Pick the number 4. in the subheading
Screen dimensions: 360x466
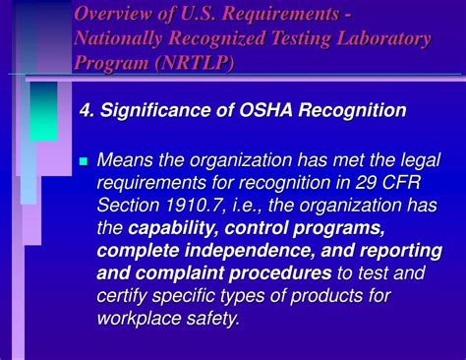[x=87, y=110]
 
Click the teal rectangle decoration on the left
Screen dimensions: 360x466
[x=43, y=110]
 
